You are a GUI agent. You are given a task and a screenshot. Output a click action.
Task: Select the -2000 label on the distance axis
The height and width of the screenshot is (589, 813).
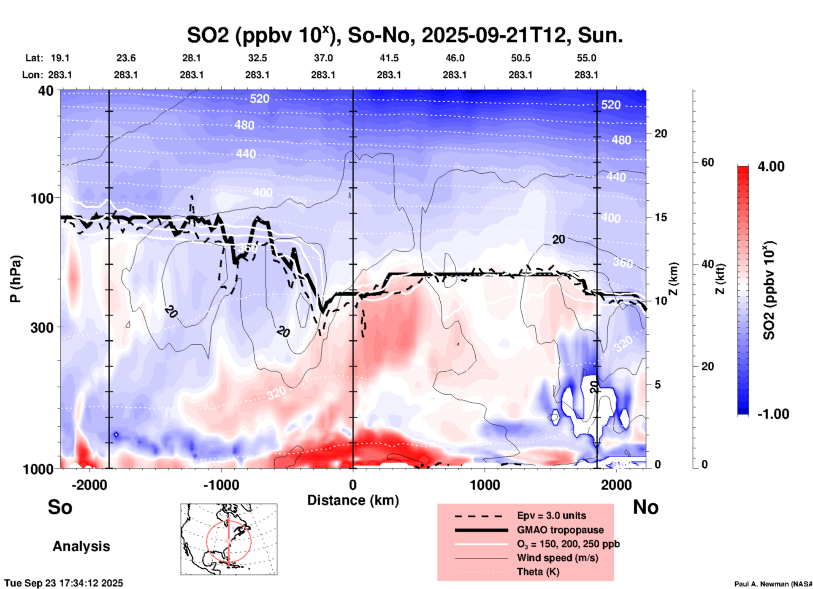point(89,485)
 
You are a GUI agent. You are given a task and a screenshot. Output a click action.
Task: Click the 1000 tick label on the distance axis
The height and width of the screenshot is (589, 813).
point(485,485)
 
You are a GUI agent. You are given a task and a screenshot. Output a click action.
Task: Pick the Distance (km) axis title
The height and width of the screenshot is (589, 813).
point(353,500)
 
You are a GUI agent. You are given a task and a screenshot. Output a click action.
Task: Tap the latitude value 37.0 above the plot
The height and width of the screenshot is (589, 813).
point(323,58)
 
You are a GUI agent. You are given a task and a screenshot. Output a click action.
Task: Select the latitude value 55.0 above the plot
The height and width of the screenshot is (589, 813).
point(586,58)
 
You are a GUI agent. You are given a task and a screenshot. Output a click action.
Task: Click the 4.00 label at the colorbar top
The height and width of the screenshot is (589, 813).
point(771,166)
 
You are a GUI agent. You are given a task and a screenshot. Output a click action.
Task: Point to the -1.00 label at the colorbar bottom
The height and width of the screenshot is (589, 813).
point(773,414)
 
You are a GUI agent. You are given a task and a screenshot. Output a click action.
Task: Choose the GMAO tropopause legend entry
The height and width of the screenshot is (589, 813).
point(560,530)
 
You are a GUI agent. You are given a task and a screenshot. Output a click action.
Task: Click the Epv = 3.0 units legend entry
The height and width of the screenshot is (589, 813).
point(551,515)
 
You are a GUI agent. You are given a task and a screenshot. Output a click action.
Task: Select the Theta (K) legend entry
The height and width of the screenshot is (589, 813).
point(538,572)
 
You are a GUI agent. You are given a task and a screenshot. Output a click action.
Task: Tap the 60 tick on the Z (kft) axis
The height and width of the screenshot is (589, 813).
point(707,162)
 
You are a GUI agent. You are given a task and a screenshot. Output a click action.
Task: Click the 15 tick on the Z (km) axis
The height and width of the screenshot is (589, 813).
point(661,217)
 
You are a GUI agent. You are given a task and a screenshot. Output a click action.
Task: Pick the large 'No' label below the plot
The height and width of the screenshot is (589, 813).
point(645,507)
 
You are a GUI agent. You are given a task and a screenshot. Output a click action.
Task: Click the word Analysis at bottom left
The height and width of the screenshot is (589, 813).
point(81,546)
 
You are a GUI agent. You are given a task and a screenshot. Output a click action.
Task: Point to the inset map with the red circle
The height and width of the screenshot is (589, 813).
point(229,539)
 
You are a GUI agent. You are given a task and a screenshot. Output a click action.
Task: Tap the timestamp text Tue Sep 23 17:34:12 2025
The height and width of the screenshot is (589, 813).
point(64,583)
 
